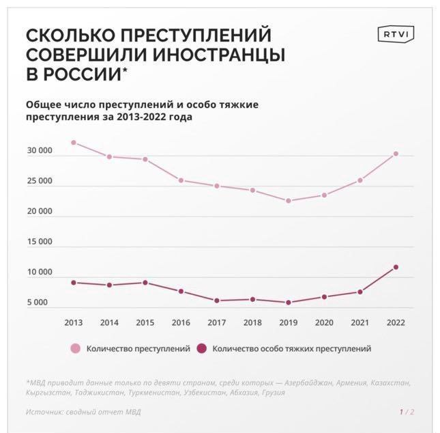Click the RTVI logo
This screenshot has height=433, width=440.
click(396, 35)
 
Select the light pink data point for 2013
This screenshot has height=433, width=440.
click(74, 143)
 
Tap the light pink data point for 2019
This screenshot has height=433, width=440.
click(288, 201)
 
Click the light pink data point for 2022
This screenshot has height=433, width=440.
click(396, 154)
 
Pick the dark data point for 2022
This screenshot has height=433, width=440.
click(396, 267)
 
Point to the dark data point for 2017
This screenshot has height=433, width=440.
click(216, 301)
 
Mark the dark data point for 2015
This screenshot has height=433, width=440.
click(145, 283)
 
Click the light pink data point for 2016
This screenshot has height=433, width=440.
click(181, 180)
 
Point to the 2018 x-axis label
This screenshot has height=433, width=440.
click(252, 322)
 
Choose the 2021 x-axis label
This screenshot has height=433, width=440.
click(360, 322)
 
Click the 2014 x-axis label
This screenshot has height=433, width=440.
click(109, 322)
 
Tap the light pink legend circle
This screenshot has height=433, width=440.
click(74, 348)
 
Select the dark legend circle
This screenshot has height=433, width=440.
click(201, 348)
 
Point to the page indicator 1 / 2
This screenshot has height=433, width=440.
click(407, 412)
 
